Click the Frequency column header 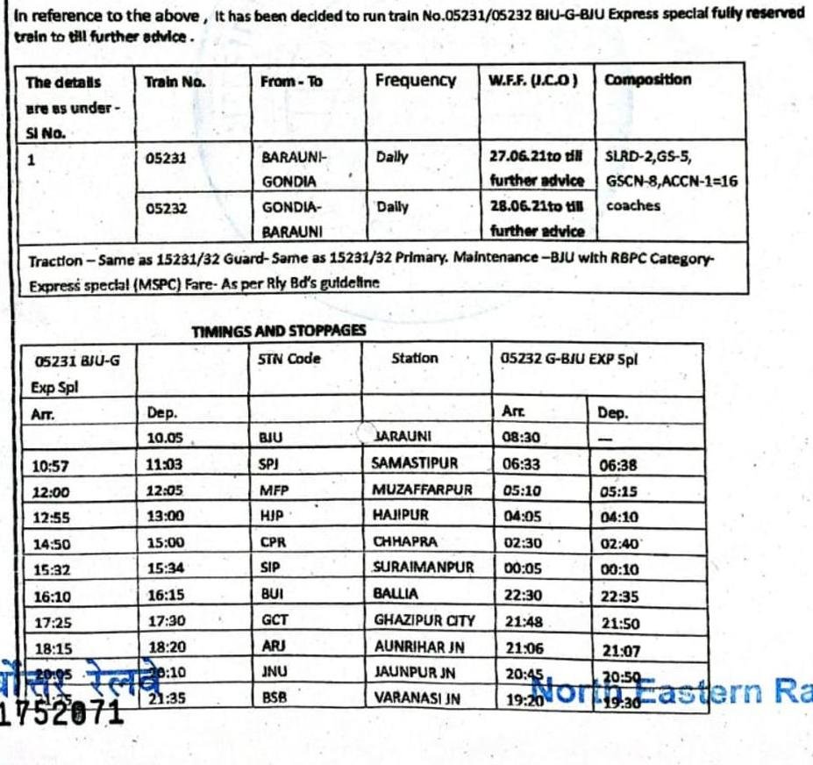[x=415, y=81]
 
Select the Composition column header [x=647, y=80]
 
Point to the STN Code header [x=290, y=359]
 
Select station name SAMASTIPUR [x=416, y=462]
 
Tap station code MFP [x=273, y=490]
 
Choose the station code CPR [x=274, y=542]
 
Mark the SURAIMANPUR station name [x=423, y=568]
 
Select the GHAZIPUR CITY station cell [x=424, y=620]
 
